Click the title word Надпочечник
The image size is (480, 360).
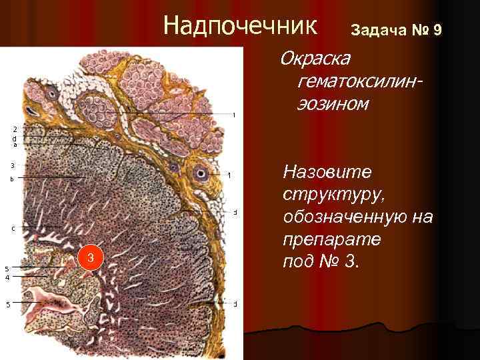pos(241,26)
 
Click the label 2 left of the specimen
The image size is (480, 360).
pos(15,128)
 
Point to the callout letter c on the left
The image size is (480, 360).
pos(13,228)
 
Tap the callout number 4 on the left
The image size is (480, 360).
pos(7,277)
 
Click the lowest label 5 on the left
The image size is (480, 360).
pos(7,305)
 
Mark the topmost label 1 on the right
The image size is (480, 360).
pos(234,115)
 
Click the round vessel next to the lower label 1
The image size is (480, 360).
pos(200,173)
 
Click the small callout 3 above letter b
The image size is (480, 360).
pos(12,165)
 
